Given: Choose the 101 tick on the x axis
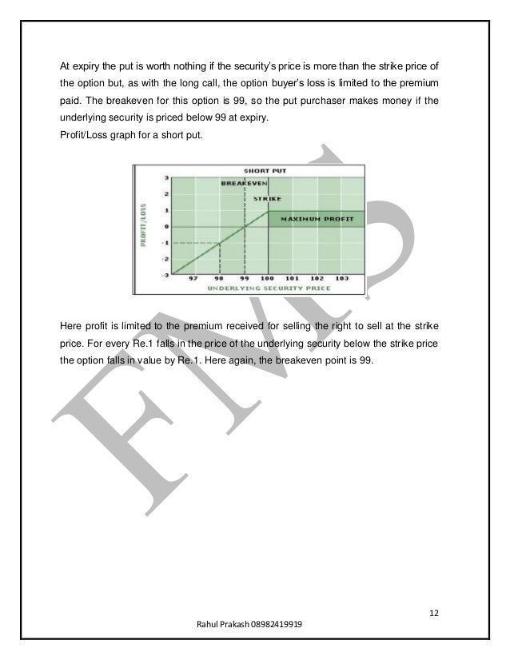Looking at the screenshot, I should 293,279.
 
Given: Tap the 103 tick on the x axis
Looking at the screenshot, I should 342,279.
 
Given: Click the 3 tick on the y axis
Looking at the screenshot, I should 165,177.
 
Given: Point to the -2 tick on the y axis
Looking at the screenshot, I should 165,259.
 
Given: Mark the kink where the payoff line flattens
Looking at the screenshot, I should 269,210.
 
